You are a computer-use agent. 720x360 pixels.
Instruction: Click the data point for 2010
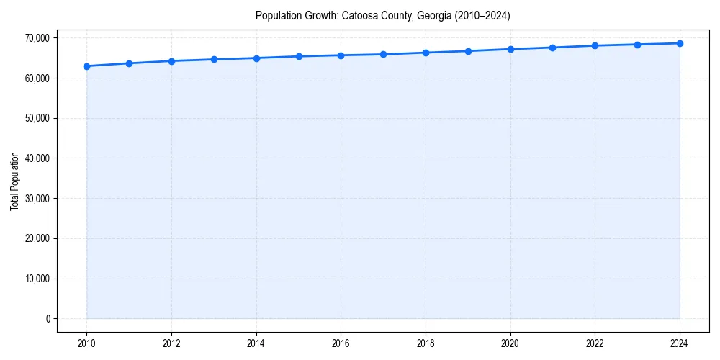point(86,66)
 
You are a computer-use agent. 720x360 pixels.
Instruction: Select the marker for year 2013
point(214,59)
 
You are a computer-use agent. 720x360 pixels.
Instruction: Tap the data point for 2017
point(383,54)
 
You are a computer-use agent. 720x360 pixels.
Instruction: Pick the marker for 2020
point(510,49)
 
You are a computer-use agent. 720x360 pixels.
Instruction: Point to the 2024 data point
point(680,43)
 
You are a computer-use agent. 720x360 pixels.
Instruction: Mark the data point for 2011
point(129,63)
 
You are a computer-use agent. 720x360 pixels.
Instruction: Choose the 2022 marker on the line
point(595,45)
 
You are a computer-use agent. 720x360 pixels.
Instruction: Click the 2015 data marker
point(299,56)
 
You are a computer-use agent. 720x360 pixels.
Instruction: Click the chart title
point(382,16)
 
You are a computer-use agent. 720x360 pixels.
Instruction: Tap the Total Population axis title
point(14,181)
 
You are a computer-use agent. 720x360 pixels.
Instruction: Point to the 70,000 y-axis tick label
point(36,37)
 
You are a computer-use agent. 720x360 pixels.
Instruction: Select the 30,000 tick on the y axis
point(36,198)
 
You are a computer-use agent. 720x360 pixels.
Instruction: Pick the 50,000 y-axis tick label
point(36,118)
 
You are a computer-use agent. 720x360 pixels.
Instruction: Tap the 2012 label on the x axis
point(171,343)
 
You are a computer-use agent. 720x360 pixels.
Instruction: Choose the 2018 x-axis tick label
point(426,343)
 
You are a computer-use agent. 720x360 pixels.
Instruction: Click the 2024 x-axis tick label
point(680,343)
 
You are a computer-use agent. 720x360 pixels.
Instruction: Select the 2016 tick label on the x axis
point(341,343)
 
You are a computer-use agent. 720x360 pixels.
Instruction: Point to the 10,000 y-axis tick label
point(36,279)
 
